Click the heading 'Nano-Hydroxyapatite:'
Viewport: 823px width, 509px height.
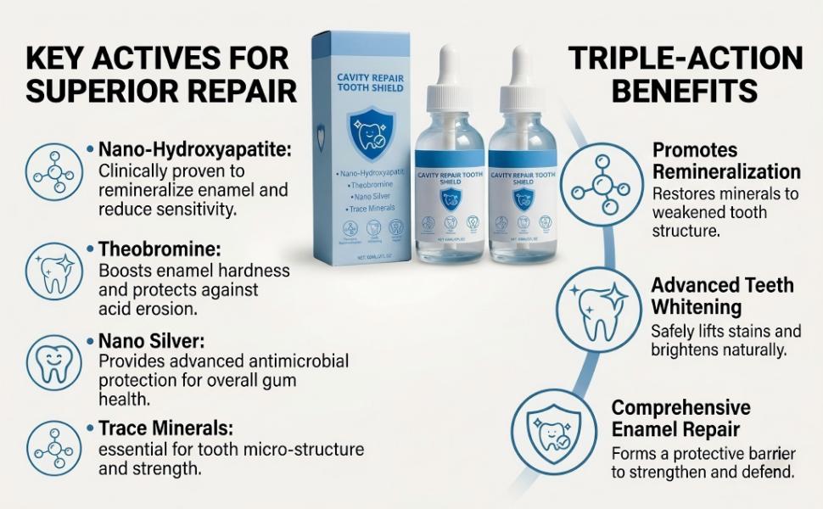tap(194, 149)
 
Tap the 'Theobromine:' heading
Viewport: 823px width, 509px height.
tap(160, 251)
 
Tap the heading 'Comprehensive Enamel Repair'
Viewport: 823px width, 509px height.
tap(681, 418)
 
